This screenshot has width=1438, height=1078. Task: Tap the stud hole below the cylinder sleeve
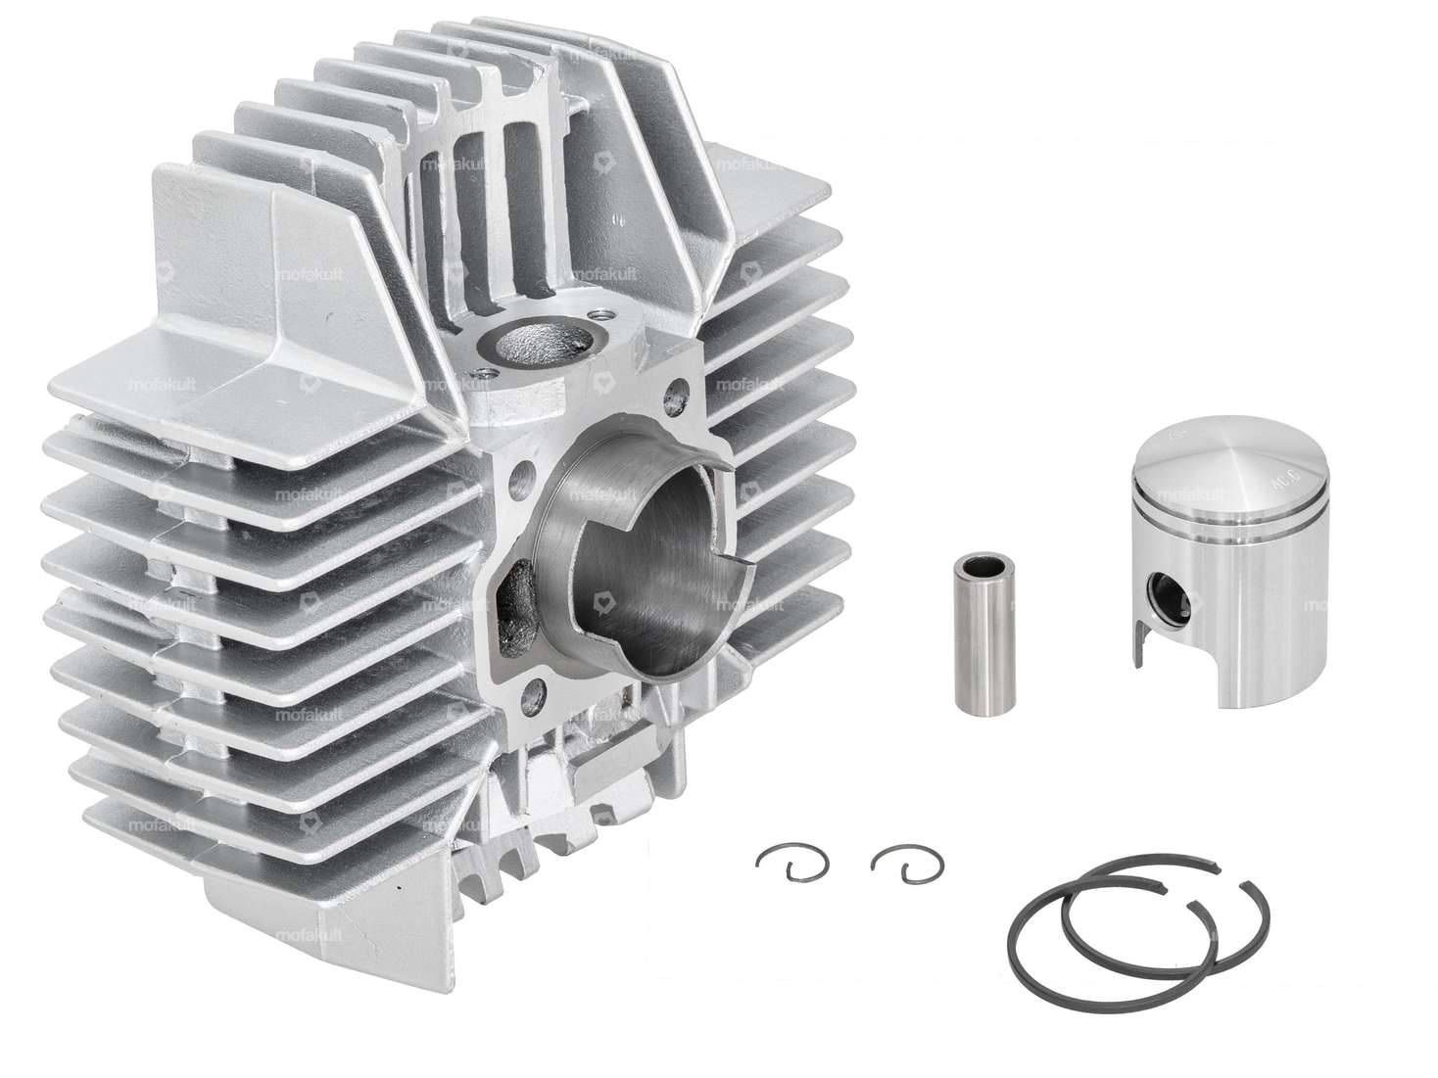tap(535, 696)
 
